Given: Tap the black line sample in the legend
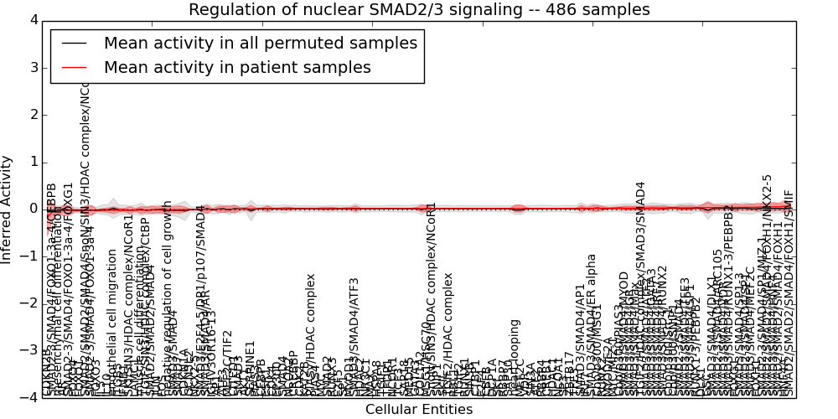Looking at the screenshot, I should point(75,44).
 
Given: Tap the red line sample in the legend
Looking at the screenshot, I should point(75,68).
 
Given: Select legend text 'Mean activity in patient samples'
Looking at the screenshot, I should point(237,68).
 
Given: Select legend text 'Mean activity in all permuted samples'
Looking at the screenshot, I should point(260,44).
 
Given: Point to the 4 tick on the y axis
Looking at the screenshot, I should point(33,20).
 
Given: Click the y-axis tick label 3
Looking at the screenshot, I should point(33,67).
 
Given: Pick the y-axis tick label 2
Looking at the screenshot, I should point(33,114).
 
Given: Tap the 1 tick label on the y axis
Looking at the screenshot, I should point(33,162).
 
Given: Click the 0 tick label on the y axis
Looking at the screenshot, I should point(33,209).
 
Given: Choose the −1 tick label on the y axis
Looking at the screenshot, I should point(29,256).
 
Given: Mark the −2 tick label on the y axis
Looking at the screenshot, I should point(29,303).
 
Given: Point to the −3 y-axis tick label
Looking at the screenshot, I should point(29,350).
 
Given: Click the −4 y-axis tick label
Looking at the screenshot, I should point(29,398).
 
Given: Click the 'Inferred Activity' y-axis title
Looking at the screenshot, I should point(8,209).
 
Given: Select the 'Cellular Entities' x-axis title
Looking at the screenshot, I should point(418,410).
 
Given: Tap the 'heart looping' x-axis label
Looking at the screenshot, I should point(515,356).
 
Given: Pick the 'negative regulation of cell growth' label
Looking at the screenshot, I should point(168,297).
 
